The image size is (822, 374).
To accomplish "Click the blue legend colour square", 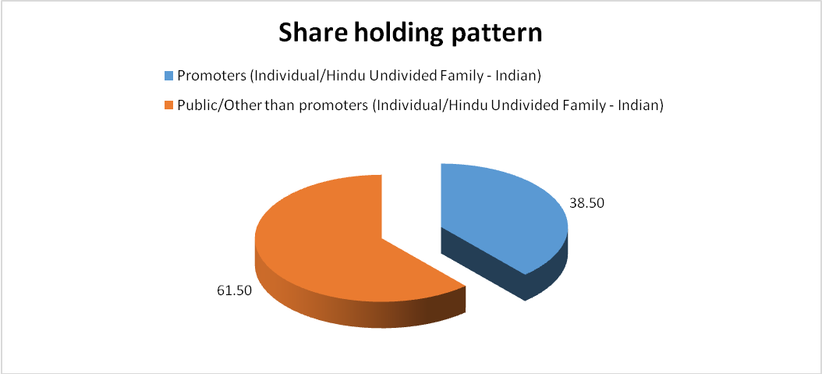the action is tap(168, 76).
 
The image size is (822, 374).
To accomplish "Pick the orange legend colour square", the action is tap(168, 105).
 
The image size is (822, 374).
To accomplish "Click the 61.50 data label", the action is tap(234, 290).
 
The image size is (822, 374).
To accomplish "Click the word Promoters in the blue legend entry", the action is tap(213, 77).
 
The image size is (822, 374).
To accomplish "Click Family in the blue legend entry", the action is tap(476, 77).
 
